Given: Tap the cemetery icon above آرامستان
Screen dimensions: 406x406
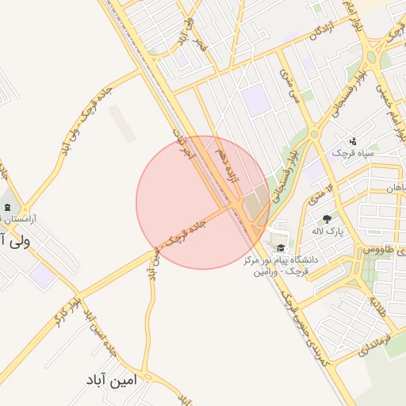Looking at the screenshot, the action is coord(8,209).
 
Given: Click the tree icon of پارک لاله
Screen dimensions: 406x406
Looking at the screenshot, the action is coord(325,218).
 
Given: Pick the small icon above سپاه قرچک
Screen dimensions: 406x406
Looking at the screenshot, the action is coord(353,140).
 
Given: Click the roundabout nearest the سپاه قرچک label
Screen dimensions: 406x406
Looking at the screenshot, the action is coord(315,134).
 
